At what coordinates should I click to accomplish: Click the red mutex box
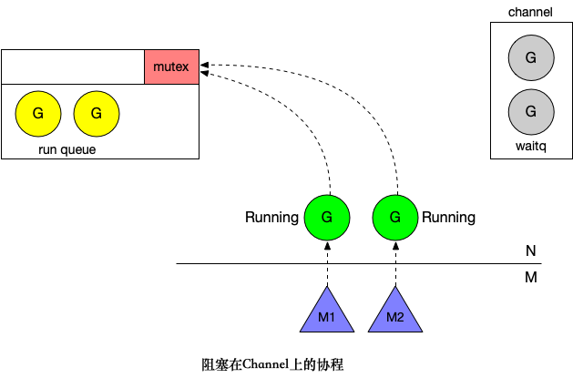point(171,67)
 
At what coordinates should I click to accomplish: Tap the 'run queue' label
point(67,149)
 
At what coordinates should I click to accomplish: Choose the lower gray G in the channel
point(531,112)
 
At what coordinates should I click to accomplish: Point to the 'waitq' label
point(531,146)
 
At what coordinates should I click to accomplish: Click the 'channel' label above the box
point(531,12)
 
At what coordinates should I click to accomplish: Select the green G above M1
point(327,218)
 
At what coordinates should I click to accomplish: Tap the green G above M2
point(395,218)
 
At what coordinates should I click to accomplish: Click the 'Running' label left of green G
point(271,218)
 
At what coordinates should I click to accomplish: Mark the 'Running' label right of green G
point(448,218)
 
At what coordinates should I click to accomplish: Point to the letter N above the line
point(530,250)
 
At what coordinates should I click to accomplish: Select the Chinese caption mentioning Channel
point(271,364)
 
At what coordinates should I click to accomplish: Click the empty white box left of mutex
point(73,67)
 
